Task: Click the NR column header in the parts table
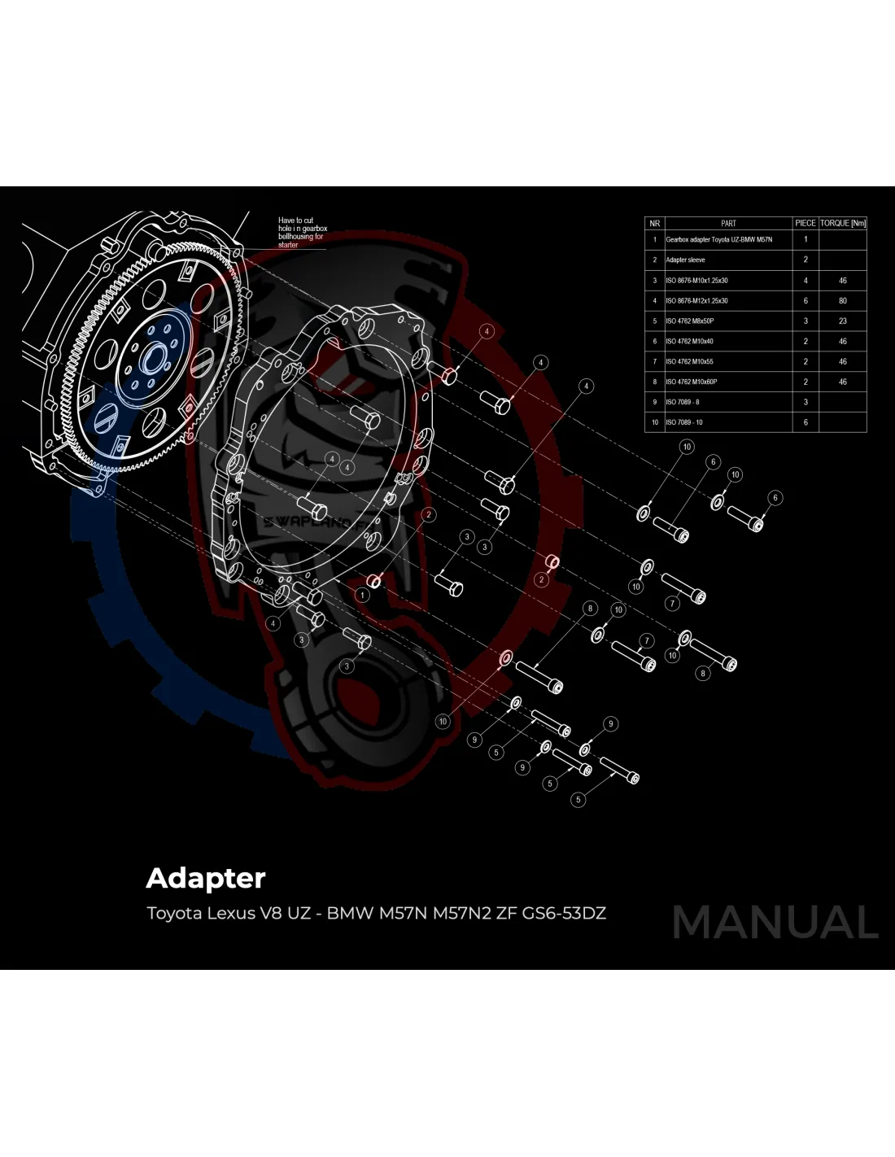coord(654,223)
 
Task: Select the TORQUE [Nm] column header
coord(842,223)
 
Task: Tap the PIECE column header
coord(805,223)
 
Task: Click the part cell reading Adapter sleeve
coord(686,260)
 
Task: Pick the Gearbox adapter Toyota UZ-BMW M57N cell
coord(719,240)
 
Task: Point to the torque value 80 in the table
coord(843,301)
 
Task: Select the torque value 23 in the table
coord(843,321)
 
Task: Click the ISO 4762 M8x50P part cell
coord(690,321)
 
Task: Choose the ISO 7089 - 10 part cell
coord(684,422)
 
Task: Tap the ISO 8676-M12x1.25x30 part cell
coord(697,301)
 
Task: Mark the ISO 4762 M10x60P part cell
coord(692,382)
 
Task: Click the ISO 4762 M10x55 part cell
coord(690,361)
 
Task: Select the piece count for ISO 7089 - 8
coord(805,402)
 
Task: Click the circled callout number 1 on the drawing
coord(363,595)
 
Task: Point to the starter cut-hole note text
coord(302,233)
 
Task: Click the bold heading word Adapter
coord(206,879)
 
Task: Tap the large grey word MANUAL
coord(775,923)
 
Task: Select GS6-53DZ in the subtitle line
coord(564,913)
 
